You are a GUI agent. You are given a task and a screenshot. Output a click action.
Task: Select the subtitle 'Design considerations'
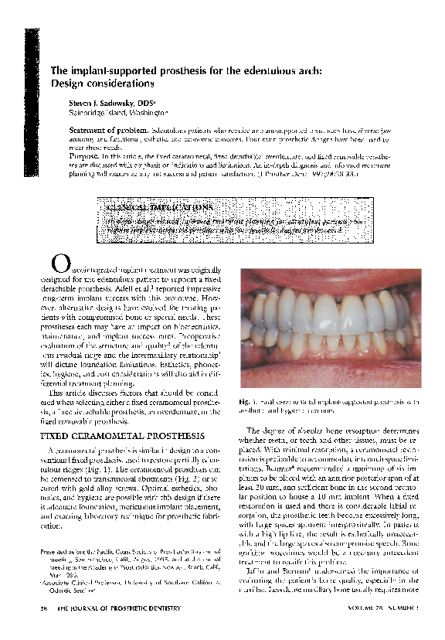point(103,82)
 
